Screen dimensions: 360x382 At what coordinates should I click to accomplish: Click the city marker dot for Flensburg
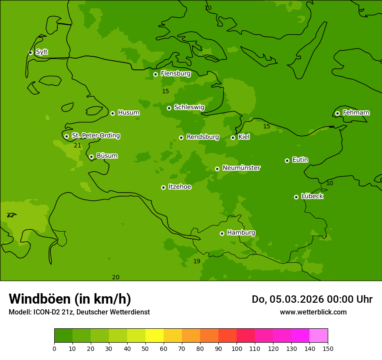tap(155, 74)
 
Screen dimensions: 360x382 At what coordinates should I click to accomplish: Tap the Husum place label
tap(128, 113)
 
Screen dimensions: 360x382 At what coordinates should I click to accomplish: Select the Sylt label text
tap(42, 52)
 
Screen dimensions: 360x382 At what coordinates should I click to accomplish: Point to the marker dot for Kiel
tap(233, 137)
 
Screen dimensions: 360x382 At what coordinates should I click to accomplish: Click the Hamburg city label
tap(241, 232)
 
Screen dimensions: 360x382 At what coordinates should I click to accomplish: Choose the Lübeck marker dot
tap(296, 197)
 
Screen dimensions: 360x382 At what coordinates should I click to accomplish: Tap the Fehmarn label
tap(356, 113)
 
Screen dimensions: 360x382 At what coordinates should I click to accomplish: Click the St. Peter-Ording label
tap(95, 136)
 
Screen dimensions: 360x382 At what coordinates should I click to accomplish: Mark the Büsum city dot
tap(91, 157)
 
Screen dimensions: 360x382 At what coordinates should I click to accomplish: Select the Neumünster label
tap(241, 168)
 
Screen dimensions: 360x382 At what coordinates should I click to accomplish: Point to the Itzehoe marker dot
tap(163, 187)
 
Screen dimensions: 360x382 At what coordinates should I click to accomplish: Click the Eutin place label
tap(300, 160)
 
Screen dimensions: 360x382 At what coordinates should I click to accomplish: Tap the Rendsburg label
tap(203, 137)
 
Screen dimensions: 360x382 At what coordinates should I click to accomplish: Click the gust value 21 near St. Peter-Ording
tap(77, 146)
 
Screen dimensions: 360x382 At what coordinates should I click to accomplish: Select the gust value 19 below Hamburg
tap(197, 261)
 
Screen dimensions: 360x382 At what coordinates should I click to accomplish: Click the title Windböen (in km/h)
tap(70, 299)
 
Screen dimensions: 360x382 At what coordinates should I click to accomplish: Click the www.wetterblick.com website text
tap(313, 312)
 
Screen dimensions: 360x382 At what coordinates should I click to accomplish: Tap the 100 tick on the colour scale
tap(237, 348)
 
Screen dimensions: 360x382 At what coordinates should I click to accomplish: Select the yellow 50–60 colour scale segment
tap(154, 336)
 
